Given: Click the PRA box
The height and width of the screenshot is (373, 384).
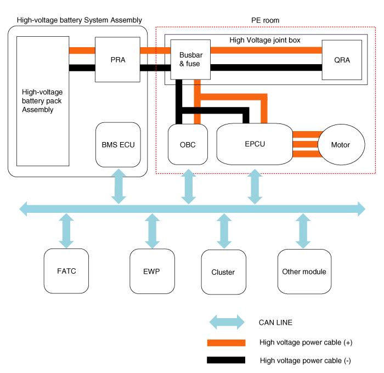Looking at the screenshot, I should (x=117, y=60).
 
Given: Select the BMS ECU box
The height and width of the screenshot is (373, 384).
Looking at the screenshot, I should (x=118, y=145).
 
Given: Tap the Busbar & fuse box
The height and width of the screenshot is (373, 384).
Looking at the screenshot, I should (x=190, y=60).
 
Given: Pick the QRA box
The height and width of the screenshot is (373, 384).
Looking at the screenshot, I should (x=342, y=60).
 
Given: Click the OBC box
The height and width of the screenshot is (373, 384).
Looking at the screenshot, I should (x=188, y=145).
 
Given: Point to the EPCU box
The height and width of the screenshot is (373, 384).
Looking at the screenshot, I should (x=254, y=144).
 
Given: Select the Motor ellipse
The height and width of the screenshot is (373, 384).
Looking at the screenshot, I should (x=341, y=145).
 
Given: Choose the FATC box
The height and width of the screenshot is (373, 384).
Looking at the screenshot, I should (x=66, y=271).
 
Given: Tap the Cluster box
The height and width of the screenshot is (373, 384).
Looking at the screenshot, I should (x=223, y=272).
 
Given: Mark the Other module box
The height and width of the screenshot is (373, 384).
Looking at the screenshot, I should (x=304, y=272).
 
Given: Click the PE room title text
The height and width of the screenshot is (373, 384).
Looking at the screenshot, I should (x=266, y=20).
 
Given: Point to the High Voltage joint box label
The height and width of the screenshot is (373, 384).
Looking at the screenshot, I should (x=264, y=40).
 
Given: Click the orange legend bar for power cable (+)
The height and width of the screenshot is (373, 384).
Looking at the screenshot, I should (x=226, y=342).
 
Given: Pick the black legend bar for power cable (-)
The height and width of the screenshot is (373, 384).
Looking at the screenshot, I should (x=226, y=360).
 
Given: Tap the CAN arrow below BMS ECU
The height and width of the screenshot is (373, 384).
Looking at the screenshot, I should (x=118, y=186).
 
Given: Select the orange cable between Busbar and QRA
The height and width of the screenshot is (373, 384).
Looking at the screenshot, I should (x=266, y=50).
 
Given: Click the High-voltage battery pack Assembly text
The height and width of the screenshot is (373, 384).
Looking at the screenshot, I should (x=38, y=101).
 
